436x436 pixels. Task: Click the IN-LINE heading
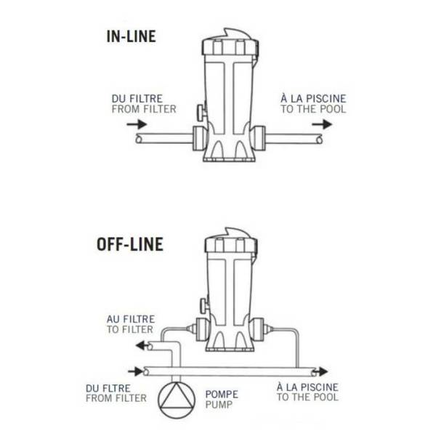click(x=131, y=36)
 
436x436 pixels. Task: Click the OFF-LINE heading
click(x=130, y=244)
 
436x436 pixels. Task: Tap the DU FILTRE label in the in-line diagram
click(x=137, y=99)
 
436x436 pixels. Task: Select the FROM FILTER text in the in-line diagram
click(x=144, y=109)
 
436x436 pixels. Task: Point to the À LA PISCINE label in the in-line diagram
click(x=313, y=98)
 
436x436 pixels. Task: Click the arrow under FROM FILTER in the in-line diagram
click(x=137, y=124)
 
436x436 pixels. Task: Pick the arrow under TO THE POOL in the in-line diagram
click(x=322, y=124)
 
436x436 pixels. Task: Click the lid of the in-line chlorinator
click(x=230, y=42)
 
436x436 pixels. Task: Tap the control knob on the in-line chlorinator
click(x=202, y=113)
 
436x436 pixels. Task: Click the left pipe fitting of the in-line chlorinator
click(x=200, y=139)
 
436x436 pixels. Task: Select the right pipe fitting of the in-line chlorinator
click(x=258, y=139)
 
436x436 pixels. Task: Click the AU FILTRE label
click(x=131, y=319)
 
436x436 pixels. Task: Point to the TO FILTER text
click(x=130, y=329)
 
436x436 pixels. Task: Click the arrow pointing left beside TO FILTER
click(x=142, y=346)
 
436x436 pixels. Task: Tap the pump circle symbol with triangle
click(x=177, y=400)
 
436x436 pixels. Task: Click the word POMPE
click(x=222, y=395)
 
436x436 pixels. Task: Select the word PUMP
click(x=219, y=405)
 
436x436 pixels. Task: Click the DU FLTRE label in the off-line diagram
click(x=108, y=388)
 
